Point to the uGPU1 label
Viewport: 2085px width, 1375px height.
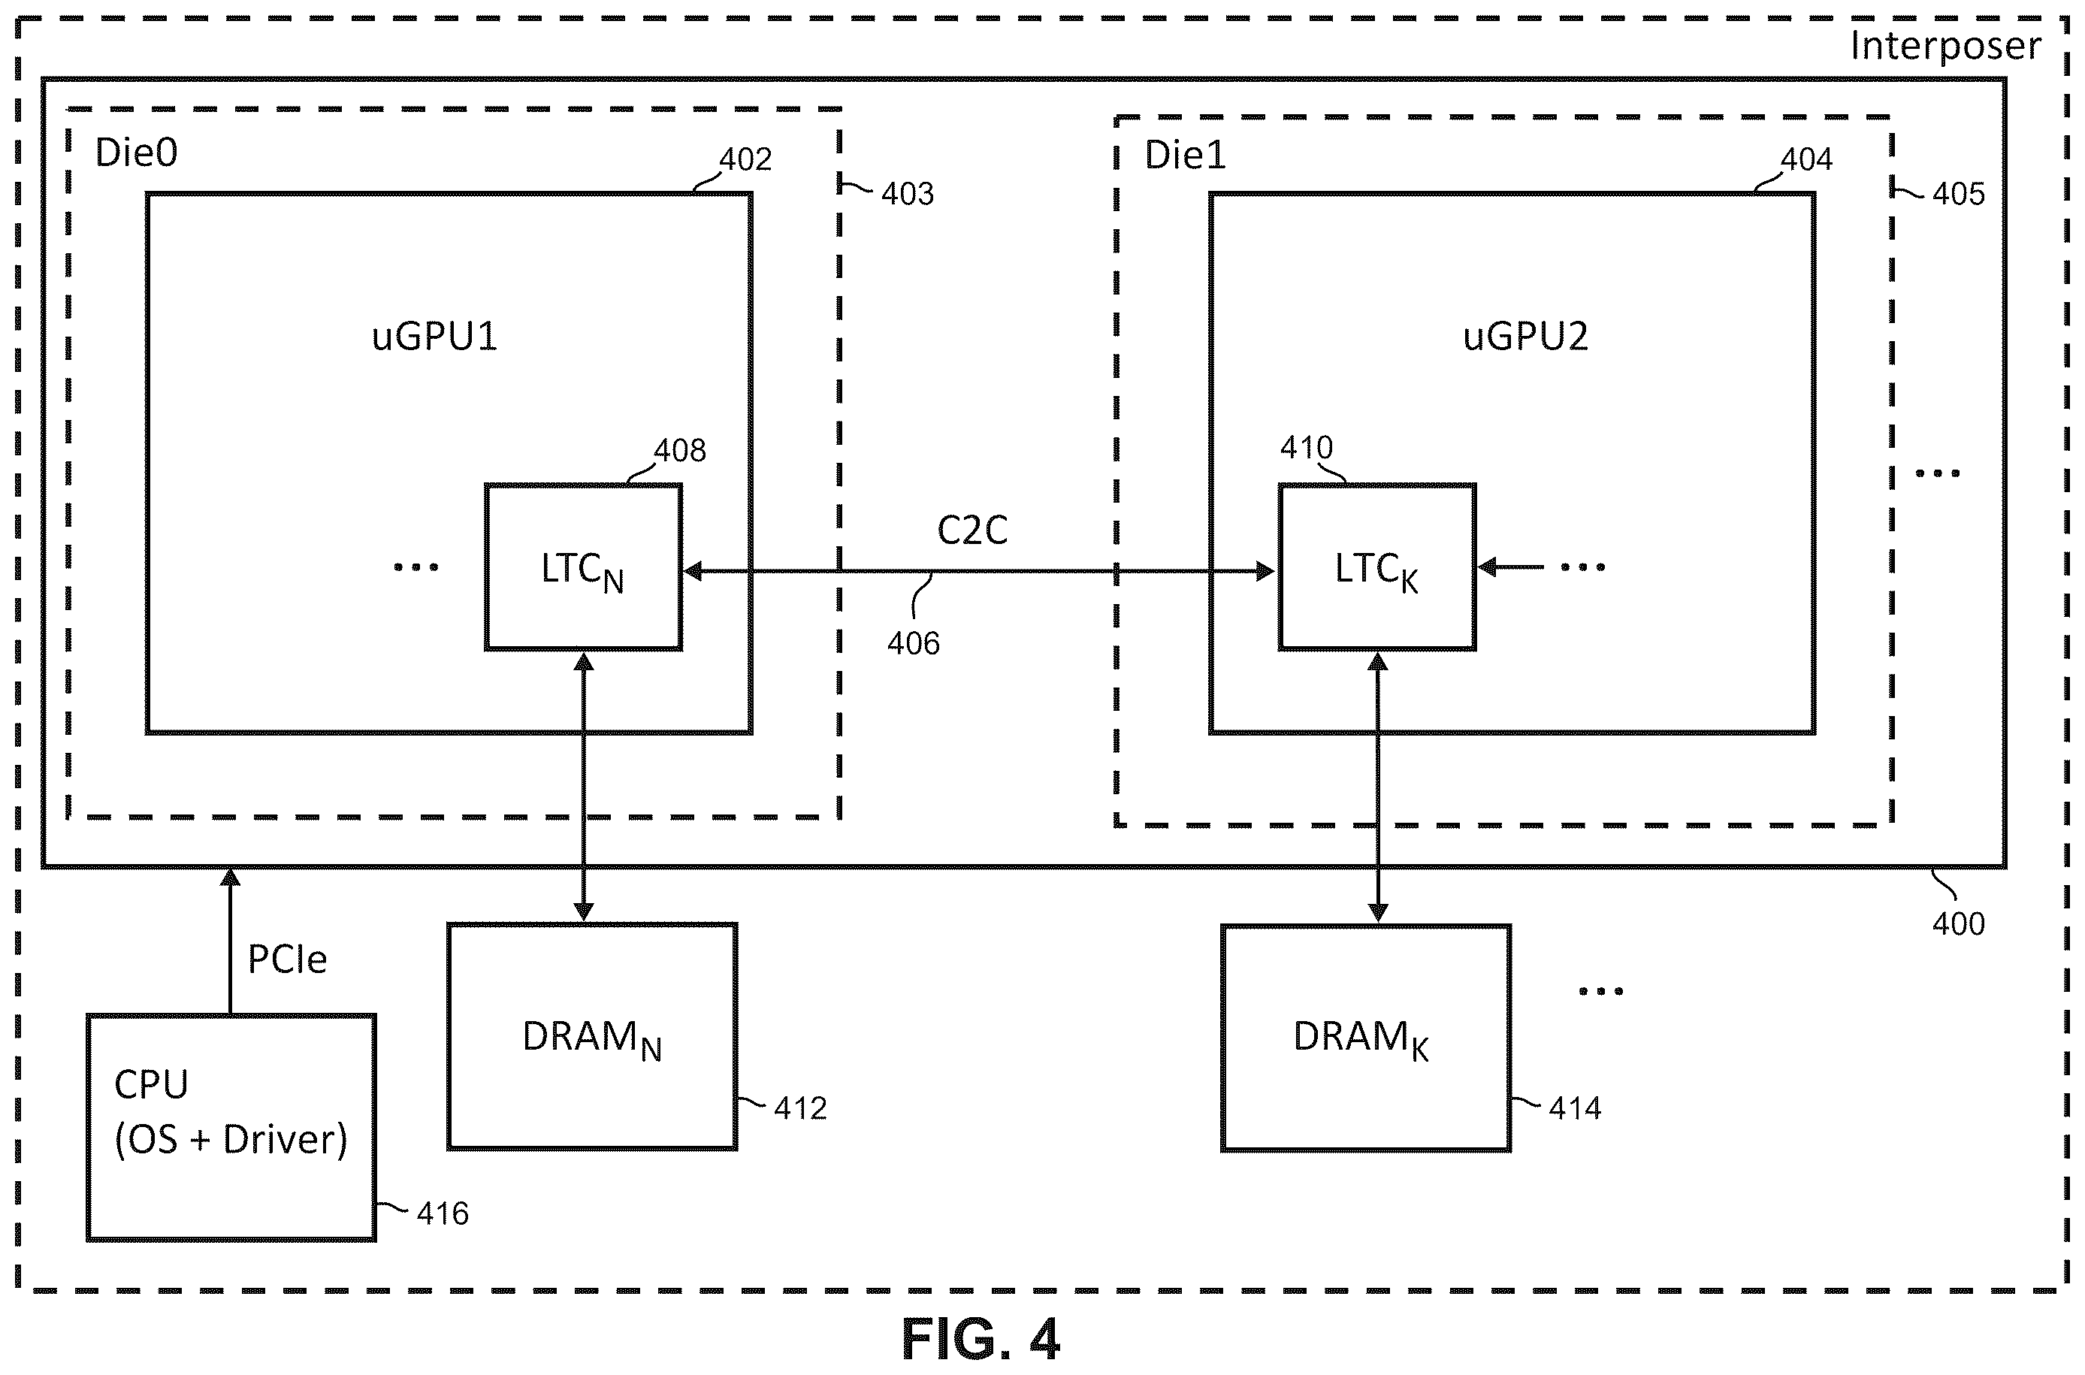[434, 337]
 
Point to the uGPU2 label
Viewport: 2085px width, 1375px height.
[1524, 337]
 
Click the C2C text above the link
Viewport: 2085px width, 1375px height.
[972, 530]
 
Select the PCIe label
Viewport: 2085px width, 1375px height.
[287, 959]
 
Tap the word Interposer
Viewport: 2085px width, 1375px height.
[1945, 46]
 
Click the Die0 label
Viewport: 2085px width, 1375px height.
[136, 153]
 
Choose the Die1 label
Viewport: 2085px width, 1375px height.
[1185, 156]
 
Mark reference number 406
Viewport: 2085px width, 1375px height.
[913, 644]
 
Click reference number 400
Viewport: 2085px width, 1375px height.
[1958, 924]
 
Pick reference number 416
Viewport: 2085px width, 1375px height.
[442, 1213]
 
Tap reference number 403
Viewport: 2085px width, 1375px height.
[908, 194]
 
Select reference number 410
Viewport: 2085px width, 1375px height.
[1306, 448]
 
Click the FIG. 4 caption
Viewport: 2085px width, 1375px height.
[981, 1339]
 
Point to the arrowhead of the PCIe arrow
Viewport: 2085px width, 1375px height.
[230, 876]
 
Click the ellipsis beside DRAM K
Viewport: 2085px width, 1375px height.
[1600, 992]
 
